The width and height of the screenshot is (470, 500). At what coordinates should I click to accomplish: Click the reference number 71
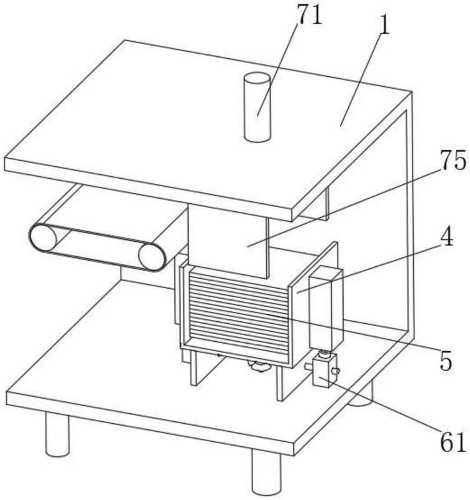(309, 15)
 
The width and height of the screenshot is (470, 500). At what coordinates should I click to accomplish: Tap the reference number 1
(385, 25)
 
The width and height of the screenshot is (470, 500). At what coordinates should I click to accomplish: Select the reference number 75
(452, 160)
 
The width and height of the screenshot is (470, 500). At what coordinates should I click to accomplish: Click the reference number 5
(446, 361)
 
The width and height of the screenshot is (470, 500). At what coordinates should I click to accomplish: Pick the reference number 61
(452, 441)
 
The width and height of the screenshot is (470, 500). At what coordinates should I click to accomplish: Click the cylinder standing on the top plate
(257, 107)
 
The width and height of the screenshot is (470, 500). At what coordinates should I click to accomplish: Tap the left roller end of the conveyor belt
(44, 237)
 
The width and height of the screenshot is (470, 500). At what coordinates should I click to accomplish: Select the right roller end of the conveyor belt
(152, 257)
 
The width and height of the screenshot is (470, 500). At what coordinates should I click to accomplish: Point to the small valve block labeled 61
(324, 369)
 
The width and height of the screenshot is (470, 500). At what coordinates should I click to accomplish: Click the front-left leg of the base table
(57, 434)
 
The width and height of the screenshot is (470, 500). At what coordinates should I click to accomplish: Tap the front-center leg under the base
(267, 472)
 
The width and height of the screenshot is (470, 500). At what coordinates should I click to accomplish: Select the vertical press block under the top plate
(228, 241)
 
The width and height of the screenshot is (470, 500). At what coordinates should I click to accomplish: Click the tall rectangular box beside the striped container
(326, 308)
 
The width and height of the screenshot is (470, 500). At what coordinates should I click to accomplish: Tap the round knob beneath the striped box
(259, 366)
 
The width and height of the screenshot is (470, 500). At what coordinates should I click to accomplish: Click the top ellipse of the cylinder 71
(257, 79)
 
